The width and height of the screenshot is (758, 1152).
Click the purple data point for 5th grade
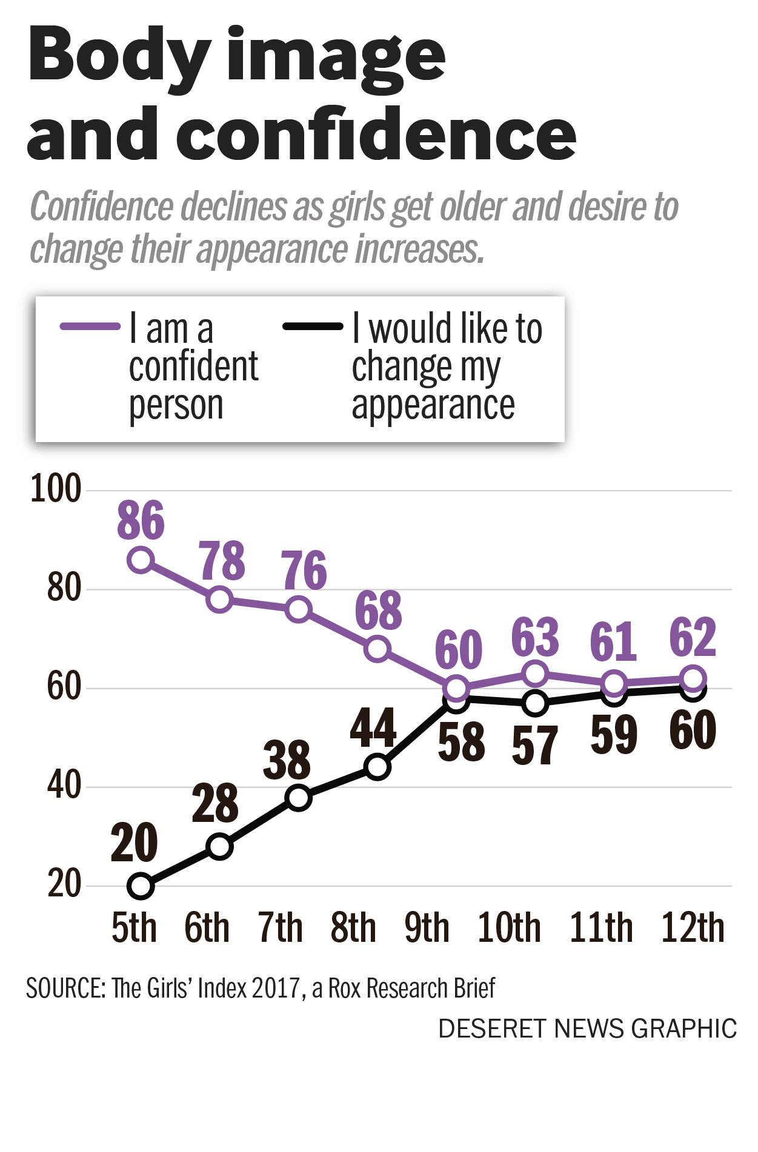141,560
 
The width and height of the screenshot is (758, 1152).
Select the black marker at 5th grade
141,886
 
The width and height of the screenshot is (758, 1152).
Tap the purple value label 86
141,520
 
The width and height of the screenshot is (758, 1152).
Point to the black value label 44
373,728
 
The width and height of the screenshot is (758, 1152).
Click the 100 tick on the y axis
56,489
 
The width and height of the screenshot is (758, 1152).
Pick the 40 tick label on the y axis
64,786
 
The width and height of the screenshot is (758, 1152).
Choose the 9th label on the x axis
427,928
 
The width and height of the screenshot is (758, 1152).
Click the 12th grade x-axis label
693,928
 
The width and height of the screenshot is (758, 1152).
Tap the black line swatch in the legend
313,326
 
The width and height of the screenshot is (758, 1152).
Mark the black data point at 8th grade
377,767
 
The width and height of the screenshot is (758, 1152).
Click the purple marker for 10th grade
535,674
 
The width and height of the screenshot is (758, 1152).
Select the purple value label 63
535,637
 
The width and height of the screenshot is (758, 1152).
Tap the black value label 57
534,746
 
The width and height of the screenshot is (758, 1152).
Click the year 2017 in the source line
275,988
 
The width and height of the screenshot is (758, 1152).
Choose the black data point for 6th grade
219,846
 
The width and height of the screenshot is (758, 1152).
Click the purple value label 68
378,610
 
